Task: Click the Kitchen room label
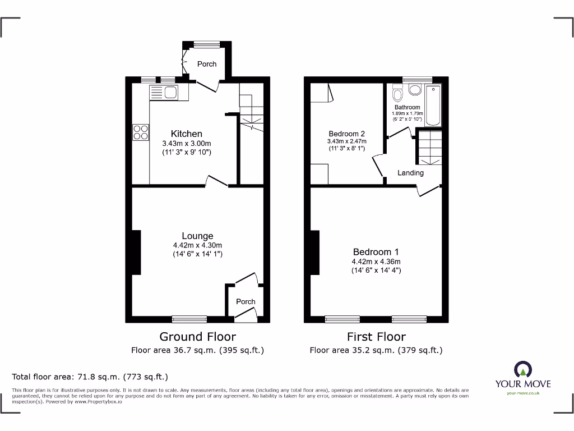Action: (187, 134)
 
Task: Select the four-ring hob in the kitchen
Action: (141, 131)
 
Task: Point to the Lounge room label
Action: (197, 236)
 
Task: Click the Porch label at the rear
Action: (207, 64)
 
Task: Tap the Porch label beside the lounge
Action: (246, 301)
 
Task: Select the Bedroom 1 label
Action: (376, 252)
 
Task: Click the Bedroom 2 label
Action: (346, 134)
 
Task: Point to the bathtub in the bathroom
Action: (433, 106)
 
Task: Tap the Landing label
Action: (410, 173)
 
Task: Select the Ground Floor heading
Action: (197, 337)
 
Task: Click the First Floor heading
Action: (376, 337)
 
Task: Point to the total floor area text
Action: (90, 377)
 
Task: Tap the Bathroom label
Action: (407, 107)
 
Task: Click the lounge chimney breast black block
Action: (136, 252)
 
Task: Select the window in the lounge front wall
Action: (189, 319)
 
